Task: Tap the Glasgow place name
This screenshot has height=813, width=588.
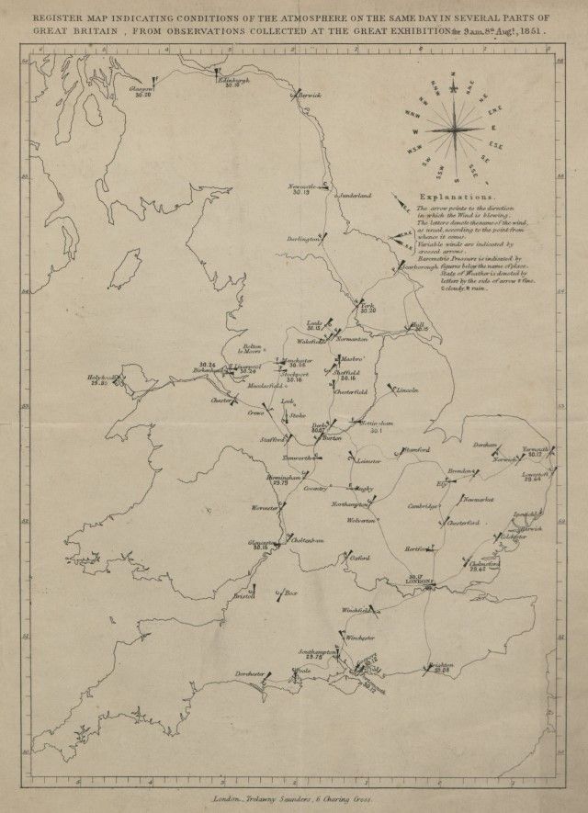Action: [141, 88]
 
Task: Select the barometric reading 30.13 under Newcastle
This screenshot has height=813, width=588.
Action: [301, 192]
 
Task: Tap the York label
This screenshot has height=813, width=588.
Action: [368, 305]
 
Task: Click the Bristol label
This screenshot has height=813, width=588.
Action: [243, 595]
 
